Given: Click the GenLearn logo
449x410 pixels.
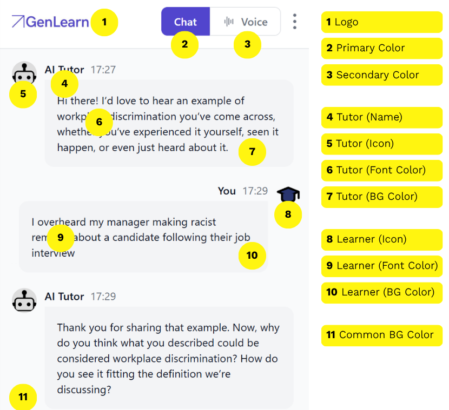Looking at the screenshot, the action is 50,22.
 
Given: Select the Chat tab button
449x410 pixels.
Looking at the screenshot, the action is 186,22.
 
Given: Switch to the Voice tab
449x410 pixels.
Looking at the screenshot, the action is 246,22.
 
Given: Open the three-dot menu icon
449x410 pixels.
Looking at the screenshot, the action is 294,22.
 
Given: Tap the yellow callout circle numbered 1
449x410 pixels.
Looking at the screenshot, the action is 104,23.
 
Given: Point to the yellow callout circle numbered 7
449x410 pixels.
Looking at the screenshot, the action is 252,152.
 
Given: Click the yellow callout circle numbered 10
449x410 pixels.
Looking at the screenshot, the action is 252,256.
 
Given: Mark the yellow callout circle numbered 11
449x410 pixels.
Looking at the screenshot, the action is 23,397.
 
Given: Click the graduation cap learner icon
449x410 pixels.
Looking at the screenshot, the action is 288,193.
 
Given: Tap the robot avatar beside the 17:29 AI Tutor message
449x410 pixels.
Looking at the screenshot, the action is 24,300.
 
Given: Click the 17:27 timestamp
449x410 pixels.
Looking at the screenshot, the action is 103,70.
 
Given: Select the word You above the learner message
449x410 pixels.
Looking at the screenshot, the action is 227,191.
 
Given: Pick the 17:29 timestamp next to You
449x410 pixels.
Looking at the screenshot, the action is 255,191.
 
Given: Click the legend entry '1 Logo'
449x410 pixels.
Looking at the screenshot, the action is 381,22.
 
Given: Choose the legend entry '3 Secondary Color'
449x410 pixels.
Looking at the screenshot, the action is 381,75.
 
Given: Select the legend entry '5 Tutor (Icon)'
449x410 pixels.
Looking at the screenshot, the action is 381,144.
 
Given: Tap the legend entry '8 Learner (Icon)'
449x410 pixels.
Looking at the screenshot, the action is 381,239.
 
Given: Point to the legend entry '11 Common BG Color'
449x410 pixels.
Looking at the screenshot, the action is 381,335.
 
